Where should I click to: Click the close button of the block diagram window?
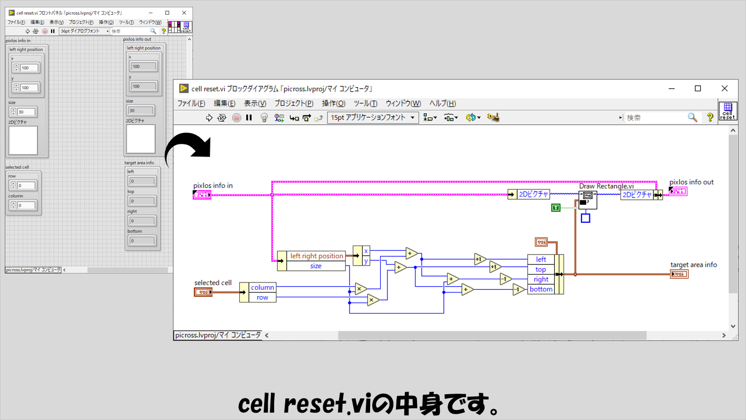[x=725, y=89]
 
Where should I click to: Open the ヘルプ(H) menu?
[x=442, y=103]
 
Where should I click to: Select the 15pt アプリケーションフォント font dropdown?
[x=373, y=118]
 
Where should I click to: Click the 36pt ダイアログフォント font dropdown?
[x=84, y=31]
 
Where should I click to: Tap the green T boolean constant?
[x=555, y=208]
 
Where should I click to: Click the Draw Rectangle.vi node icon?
[x=587, y=200]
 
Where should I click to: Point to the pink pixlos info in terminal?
[x=202, y=195]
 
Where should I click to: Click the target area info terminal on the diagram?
[x=679, y=274]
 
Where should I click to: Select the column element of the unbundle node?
[x=262, y=287]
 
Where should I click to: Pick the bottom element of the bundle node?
[x=541, y=289]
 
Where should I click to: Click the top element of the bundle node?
[x=541, y=269]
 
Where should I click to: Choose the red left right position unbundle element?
[x=316, y=256]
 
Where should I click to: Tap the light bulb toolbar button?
[x=265, y=118]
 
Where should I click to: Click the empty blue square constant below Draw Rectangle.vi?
[x=585, y=218]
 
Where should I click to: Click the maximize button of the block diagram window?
[x=697, y=89]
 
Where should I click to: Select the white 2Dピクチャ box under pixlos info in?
[x=23, y=140]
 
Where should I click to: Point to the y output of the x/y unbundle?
[x=366, y=261]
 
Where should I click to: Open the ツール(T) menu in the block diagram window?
[x=365, y=103]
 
